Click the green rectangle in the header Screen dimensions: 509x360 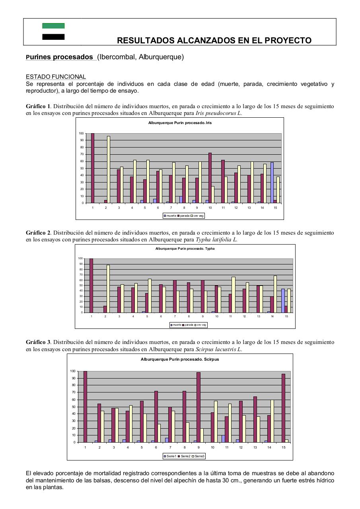(53, 26)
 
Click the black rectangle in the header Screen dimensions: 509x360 (53, 37)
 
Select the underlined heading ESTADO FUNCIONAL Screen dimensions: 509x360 (56, 77)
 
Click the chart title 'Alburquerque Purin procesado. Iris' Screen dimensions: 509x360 (180, 123)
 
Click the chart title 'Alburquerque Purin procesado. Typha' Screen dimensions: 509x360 (185, 249)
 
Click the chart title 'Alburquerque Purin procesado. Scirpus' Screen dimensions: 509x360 (180, 359)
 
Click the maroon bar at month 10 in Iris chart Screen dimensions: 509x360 (210, 178)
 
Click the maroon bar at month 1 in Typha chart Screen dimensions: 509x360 (91, 286)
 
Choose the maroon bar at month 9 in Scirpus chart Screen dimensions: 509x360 (198, 407)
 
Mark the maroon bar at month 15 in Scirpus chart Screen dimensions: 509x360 (284, 408)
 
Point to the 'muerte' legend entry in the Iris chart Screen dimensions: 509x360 (170, 216)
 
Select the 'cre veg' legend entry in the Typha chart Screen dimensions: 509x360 (200, 325)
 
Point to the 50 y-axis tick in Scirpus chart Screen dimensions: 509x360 (73, 407)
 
